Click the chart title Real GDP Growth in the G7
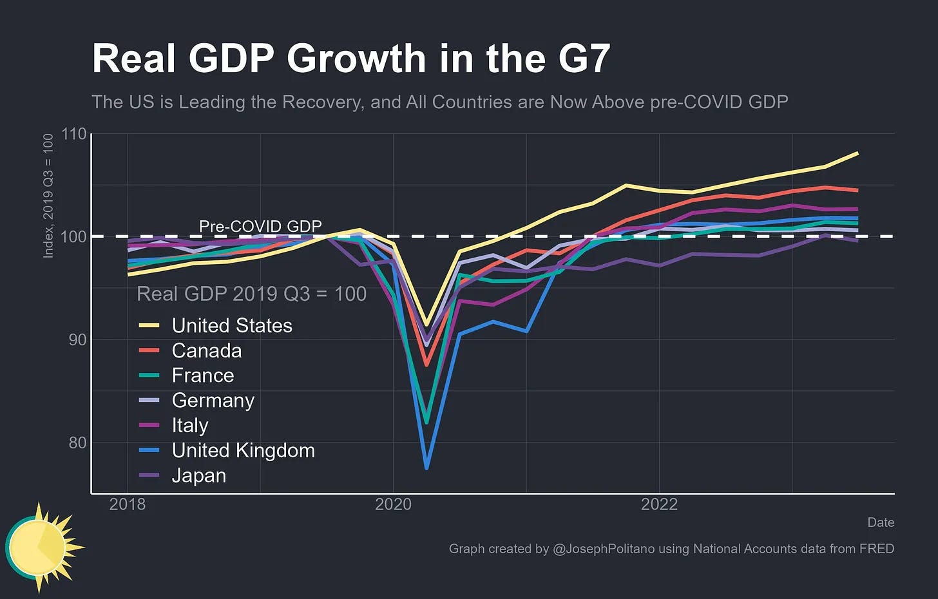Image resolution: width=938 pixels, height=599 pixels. [x=350, y=59]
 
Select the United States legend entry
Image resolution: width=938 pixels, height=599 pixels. [x=231, y=326]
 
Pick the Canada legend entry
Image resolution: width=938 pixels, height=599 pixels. [x=206, y=351]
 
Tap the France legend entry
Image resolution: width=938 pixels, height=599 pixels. [x=202, y=376]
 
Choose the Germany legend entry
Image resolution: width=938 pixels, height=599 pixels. [x=213, y=401]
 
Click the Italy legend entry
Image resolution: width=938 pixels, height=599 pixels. [x=189, y=426]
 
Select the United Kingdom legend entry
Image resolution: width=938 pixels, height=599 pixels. [x=243, y=451]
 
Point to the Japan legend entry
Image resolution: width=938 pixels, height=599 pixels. [x=198, y=476]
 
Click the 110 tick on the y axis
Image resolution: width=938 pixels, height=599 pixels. [x=73, y=134]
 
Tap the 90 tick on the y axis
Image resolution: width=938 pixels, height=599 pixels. [x=77, y=339]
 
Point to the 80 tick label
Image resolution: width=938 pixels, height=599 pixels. [x=77, y=442]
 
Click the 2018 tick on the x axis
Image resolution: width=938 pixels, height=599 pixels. [x=128, y=504]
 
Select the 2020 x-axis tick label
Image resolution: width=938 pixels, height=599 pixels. [x=393, y=504]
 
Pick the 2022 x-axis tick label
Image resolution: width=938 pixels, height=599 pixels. [x=659, y=504]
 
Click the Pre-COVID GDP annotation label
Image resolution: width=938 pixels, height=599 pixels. [x=260, y=227]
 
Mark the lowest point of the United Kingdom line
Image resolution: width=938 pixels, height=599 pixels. [x=426, y=468]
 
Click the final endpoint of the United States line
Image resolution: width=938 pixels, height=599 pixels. [x=857, y=153]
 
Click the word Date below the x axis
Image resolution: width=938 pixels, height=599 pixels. [x=881, y=522]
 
